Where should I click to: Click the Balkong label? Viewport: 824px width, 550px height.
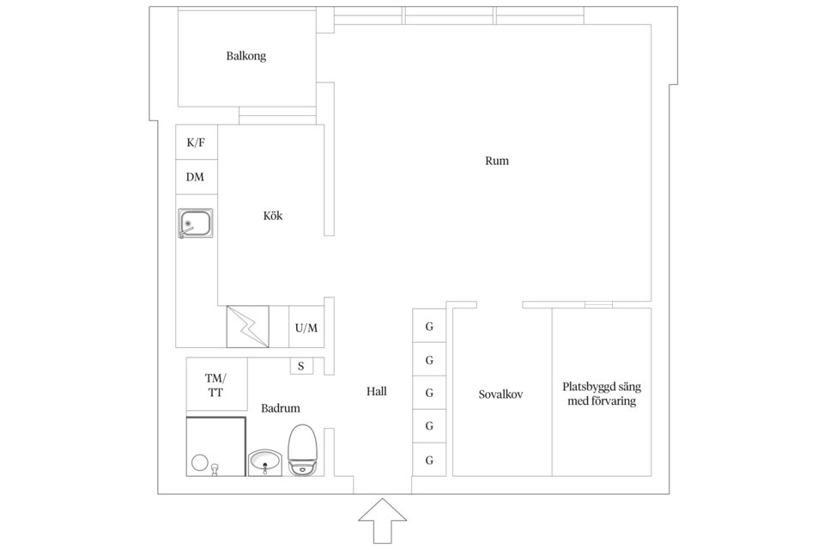[x=246, y=56]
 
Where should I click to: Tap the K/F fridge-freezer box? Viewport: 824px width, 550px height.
[x=196, y=143]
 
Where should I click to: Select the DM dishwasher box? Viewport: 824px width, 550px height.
[x=196, y=177]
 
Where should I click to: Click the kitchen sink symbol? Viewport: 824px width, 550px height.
[x=196, y=223]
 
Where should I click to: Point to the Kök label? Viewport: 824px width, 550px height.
[x=273, y=216]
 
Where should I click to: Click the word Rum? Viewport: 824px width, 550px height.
[x=497, y=161]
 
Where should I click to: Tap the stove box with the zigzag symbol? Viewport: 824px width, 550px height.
[x=247, y=327]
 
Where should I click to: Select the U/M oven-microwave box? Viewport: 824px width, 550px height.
[x=306, y=327]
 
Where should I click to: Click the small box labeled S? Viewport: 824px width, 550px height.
[x=300, y=366]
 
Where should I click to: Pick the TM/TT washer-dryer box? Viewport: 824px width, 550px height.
[x=215, y=385]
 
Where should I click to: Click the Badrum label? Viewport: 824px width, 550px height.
[x=281, y=409]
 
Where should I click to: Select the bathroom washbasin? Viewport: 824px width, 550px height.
[x=265, y=463]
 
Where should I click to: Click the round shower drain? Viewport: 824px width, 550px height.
[x=200, y=462]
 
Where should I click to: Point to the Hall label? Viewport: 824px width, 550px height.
[x=377, y=392]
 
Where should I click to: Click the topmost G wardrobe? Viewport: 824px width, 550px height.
[x=429, y=327]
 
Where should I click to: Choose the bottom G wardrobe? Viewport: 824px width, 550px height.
[x=429, y=460]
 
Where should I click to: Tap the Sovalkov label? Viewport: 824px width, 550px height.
[x=501, y=394]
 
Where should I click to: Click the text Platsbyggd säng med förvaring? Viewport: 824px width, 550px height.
[x=601, y=394]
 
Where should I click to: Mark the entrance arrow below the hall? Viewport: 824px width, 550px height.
[x=383, y=520]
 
